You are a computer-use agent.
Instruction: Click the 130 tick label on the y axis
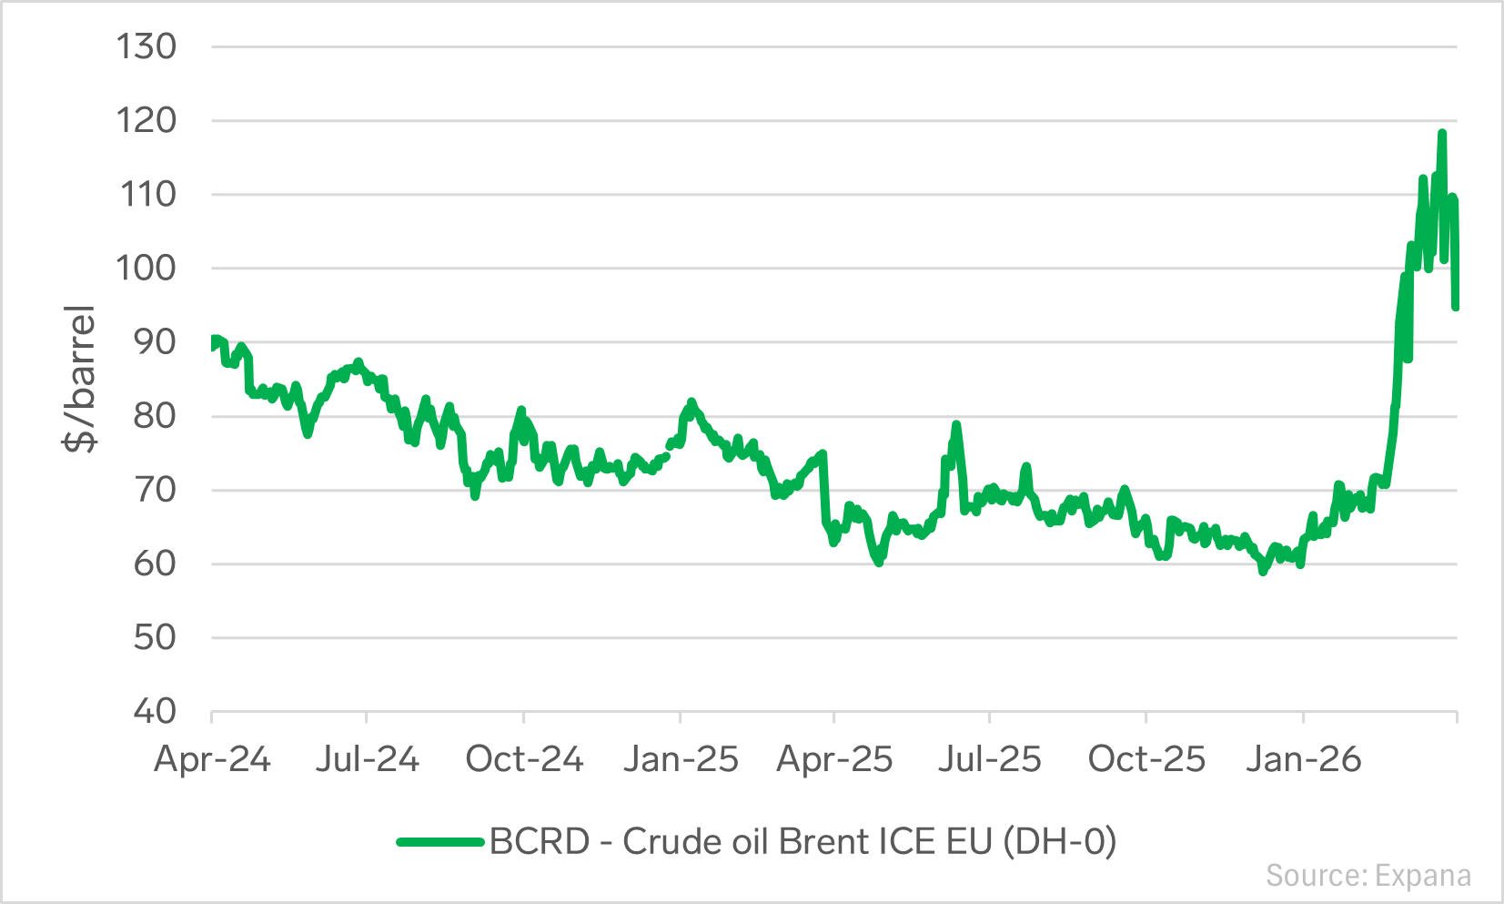146,47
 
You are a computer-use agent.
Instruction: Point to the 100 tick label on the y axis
146,268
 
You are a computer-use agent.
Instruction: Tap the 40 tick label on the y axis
155,711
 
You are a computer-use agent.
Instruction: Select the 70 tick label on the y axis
155,490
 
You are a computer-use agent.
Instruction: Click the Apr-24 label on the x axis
212,759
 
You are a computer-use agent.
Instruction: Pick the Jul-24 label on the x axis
368,759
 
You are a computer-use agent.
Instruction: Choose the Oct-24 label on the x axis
524,759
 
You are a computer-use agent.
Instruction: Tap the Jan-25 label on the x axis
681,759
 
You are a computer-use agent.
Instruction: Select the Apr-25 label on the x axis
834,759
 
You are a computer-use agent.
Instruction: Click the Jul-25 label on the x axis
990,759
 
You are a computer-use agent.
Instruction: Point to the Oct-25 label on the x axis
1146,759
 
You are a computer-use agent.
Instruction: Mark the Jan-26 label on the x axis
1303,759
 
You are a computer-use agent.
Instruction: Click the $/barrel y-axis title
79,379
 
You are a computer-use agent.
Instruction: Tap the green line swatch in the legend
440,841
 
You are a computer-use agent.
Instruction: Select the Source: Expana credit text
1368,876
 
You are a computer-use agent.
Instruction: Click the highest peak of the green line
1441,133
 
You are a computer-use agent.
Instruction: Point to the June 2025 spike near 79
956,424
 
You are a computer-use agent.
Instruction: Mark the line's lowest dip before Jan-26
1263,572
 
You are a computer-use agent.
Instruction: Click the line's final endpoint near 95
1456,308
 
